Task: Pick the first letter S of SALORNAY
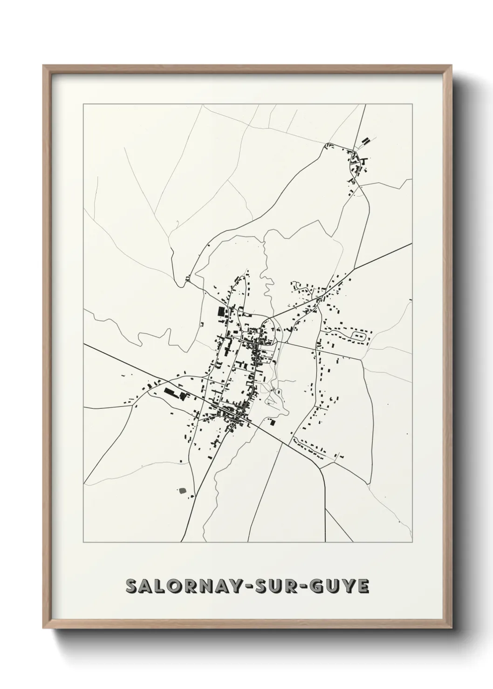click(x=132, y=587)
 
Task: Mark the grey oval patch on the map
click(x=182, y=490)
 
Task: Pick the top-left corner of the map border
click(x=83, y=104)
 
